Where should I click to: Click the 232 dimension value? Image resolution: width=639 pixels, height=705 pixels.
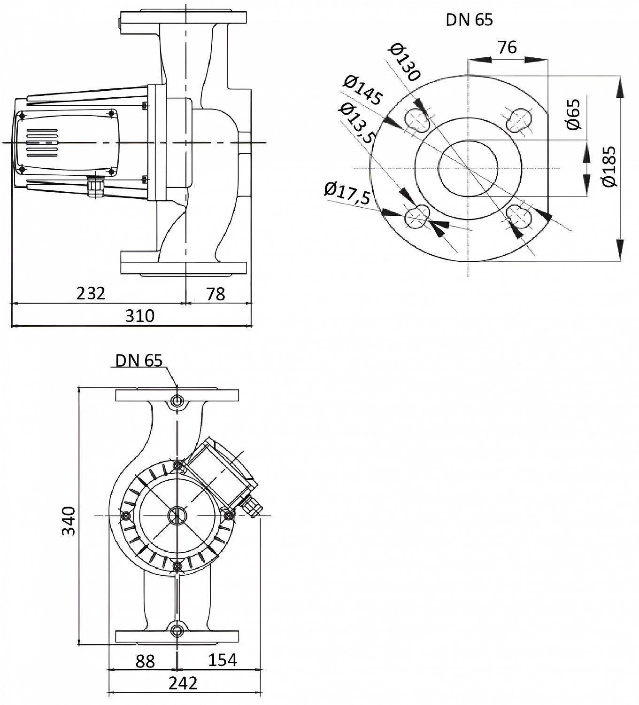point(91,293)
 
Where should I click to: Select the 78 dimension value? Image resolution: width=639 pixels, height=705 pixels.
point(216,294)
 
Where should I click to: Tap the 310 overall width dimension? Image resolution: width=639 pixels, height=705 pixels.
point(139,315)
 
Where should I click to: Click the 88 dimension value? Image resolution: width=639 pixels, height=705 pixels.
point(145,661)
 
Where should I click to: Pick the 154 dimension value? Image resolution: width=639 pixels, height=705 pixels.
point(222,659)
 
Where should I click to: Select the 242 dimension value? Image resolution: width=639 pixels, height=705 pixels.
point(183,682)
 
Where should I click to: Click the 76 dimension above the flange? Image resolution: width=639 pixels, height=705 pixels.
point(507,47)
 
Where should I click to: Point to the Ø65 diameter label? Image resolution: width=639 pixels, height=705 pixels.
point(573,114)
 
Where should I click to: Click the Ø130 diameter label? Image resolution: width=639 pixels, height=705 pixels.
point(405,63)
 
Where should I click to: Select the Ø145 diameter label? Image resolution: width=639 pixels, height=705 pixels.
point(362,90)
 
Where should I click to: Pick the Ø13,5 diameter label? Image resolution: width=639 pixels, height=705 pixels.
point(357,123)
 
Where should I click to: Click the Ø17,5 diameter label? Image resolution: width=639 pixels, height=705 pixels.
point(347,193)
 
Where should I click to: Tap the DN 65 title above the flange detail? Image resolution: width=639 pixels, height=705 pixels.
point(469,20)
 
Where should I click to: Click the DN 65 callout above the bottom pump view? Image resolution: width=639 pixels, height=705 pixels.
point(139,360)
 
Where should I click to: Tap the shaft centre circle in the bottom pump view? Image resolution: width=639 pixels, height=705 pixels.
point(177,516)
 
